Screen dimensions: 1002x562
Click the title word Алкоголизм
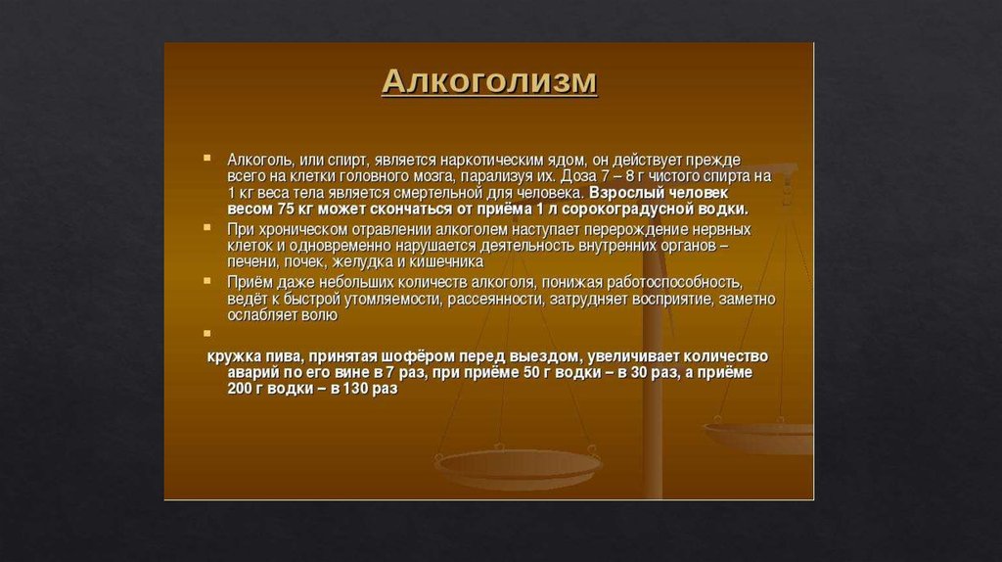489,81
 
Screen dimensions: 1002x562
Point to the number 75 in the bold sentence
286,210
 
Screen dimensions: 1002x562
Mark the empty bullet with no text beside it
207,333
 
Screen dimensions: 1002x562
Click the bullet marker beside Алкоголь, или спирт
207,158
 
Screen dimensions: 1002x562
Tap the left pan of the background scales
518,469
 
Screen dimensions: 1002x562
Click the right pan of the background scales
758,436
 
